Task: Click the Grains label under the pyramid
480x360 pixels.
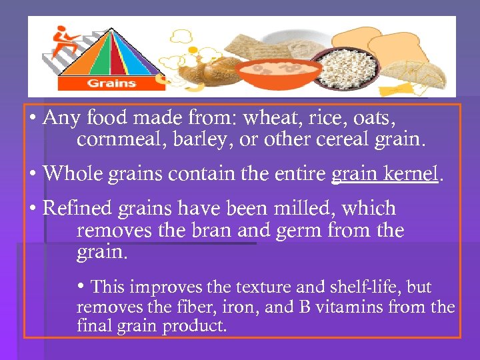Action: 111,83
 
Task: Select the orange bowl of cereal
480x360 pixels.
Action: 275,73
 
